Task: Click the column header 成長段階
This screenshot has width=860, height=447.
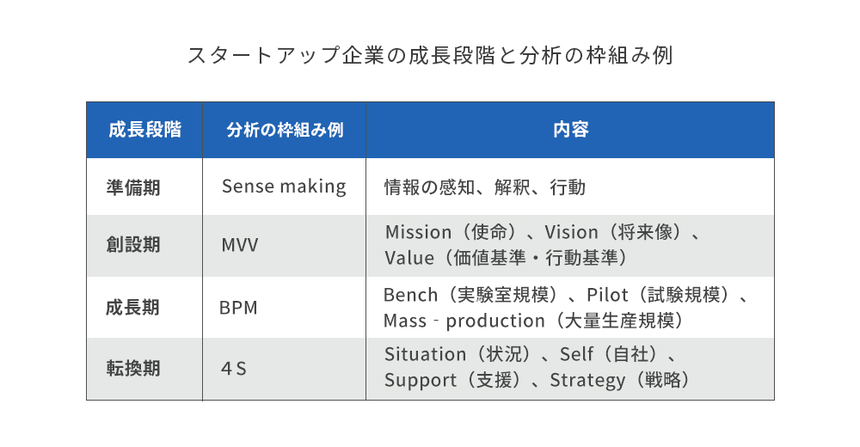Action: click(144, 130)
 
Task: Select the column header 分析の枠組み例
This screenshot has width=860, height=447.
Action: click(285, 130)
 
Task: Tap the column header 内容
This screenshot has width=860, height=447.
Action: click(570, 130)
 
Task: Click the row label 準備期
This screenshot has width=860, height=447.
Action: click(133, 187)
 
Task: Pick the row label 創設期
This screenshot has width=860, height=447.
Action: click(133, 245)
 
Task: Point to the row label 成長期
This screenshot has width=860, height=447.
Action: click(132, 307)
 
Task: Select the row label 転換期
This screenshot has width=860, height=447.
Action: click(133, 368)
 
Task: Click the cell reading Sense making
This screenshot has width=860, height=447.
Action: click(284, 187)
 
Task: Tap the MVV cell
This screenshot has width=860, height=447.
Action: click(240, 245)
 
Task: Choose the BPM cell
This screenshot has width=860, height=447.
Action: click(238, 308)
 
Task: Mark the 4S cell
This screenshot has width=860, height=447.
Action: click(234, 369)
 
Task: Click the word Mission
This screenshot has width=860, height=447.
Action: click(418, 232)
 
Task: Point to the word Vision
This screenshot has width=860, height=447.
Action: click(571, 232)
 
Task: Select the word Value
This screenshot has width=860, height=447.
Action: click(409, 258)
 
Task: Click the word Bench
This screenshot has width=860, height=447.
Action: click(410, 295)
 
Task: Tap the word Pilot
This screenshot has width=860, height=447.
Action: click(607, 295)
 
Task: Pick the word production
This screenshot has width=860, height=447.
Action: click(495, 321)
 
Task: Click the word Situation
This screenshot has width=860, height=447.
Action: click(425, 354)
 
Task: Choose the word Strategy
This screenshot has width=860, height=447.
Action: click(587, 381)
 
